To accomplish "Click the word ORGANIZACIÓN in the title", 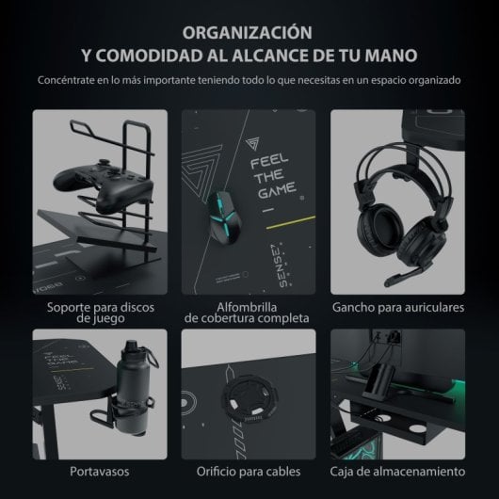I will tap(249, 31).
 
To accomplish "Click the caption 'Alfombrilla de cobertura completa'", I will tap(249, 314).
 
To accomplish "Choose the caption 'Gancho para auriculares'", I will tap(397, 308).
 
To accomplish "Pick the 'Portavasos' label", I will tap(100, 471).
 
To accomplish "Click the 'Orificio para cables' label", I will tap(249, 471).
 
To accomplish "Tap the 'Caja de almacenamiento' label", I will tap(397, 471).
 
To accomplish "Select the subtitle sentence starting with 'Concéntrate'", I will tap(249, 80).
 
